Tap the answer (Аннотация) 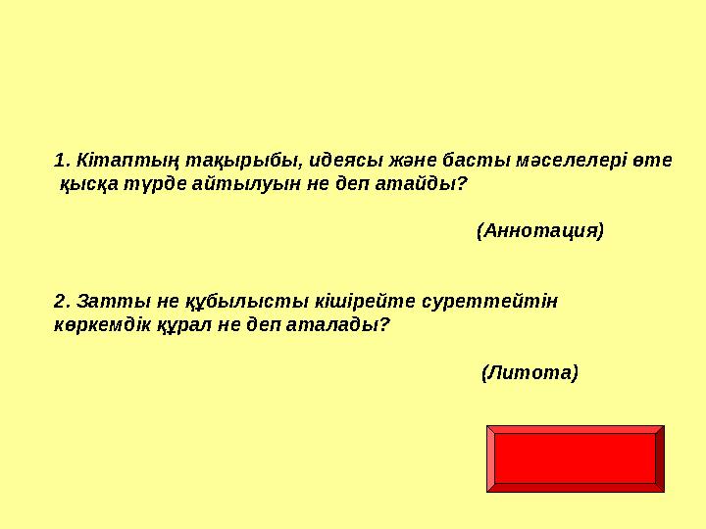tap(539, 231)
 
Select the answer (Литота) tap(529, 372)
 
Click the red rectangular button tap(575, 458)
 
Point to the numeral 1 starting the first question tap(59, 159)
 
